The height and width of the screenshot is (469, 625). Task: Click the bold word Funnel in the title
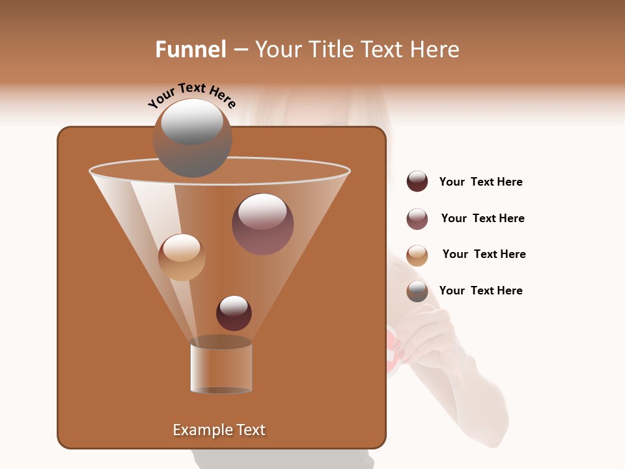(x=191, y=50)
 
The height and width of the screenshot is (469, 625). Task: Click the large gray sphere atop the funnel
(x=193, y=138)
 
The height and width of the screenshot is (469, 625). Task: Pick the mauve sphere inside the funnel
(x=263, y=224)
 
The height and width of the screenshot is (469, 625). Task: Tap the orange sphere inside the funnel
(x=182, y=257)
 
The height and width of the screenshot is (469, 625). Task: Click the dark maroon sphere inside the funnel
(x=234, y=313)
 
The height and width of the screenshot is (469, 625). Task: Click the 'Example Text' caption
(x=219, y=430)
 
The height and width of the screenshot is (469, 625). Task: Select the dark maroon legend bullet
(x=417, y=182)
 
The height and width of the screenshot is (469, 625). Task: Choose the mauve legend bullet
(x=417, y=219)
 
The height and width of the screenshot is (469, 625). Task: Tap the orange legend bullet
(x=417, y=255)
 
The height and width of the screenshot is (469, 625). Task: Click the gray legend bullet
(x=417, y=291)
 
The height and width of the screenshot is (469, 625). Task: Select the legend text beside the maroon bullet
(x=481, y=182)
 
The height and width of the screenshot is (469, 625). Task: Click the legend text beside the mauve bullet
(x=482, y=219)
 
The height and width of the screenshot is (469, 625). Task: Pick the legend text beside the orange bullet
(x=484, y=255)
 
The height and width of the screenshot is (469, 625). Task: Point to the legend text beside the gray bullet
(x=481, y=291)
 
